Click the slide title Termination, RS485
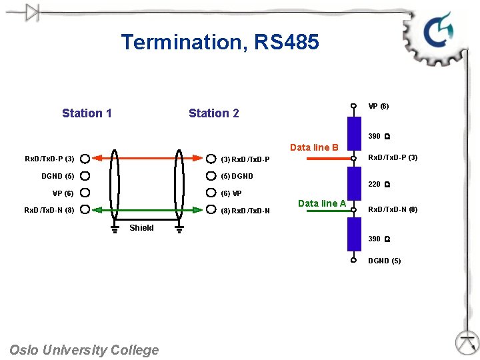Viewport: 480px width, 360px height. click(220, 43)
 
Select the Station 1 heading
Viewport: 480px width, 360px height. click(87, 113)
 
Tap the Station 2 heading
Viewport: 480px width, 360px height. click(213, 113)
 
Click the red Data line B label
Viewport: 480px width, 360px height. click(314, 147)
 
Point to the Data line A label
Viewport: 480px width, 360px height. click(322, 203)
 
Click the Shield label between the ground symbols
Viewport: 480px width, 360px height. click(141, 228)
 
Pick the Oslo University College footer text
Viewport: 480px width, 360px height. click(84, 350)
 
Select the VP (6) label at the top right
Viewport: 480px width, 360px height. click(379, 106)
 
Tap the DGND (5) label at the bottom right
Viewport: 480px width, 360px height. click(385, 261)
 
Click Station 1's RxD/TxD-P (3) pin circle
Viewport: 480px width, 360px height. click(85, 159)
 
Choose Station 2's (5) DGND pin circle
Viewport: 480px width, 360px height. click(211, 176)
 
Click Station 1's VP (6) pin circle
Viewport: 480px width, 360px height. click(85, 193)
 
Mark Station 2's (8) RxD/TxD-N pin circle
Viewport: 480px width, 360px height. click(211, 210)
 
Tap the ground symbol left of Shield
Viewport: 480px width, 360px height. click(115, 230)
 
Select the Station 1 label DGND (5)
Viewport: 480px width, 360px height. click(58, 176)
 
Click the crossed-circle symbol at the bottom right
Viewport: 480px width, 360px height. click(467, 343)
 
